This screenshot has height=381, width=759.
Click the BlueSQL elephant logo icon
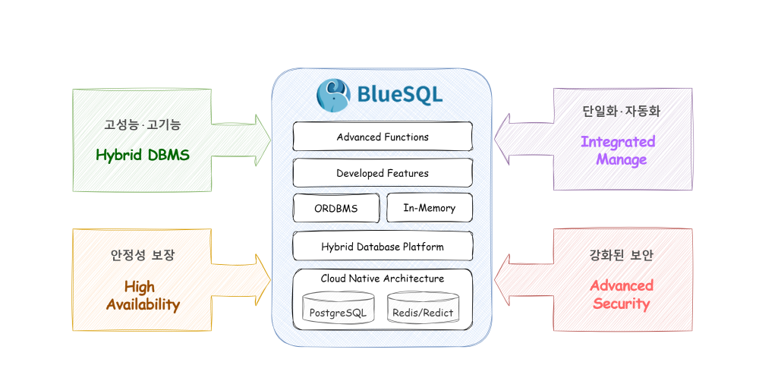click(x=333, y=94)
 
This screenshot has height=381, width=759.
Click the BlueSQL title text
click(x=400, y=94)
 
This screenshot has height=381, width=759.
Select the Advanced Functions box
click(x=383, y=137)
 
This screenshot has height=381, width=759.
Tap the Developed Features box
click(x=383, y=173)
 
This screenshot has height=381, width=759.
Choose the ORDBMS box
click(x=336, y=208)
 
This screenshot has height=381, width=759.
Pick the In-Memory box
click(x=430, y=208)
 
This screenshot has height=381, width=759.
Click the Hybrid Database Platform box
click(x=383, y=247)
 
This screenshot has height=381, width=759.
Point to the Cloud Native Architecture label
click(x=383, y=279)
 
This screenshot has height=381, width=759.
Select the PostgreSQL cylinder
click(x=338, y=308)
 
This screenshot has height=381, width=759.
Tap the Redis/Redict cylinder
click(x=423, y=308)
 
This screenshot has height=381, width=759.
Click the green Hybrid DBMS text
click(x=143, y=155)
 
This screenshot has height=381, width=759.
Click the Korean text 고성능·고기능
click(x=143, y=124)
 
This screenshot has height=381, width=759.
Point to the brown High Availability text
click(x=143, y=295)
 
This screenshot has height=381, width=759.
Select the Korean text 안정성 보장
click(x=143, y=255)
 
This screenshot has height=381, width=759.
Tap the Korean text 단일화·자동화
click(x=621, y=111)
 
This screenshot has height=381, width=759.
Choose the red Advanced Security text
click(x=622, y=294)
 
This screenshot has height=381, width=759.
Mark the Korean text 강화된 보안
click(x=621, y=255)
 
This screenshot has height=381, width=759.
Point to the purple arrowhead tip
click(x=494, y=139)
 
